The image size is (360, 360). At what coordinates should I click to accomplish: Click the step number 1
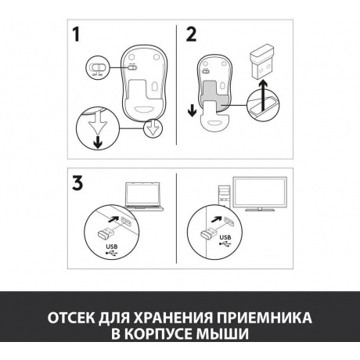[76, 34]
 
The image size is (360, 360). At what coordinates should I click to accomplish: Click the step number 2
[191, 34]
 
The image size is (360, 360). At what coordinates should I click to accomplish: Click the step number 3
[77, 183]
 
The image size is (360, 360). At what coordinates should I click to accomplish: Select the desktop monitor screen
[260, 193]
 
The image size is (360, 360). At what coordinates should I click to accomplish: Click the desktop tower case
[224, 197]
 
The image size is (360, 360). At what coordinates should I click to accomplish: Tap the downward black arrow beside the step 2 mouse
[192, 110]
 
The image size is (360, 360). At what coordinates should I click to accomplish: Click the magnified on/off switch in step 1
[97, 67]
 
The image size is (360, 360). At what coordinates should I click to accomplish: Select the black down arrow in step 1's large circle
[98, 142]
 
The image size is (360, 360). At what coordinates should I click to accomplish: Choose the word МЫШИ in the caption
[222, 333]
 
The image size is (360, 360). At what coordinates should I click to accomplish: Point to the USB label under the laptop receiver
[112, 247]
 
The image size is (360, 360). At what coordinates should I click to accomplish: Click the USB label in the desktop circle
[225, 237]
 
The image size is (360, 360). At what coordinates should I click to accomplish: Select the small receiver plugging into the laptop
[105, 232]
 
